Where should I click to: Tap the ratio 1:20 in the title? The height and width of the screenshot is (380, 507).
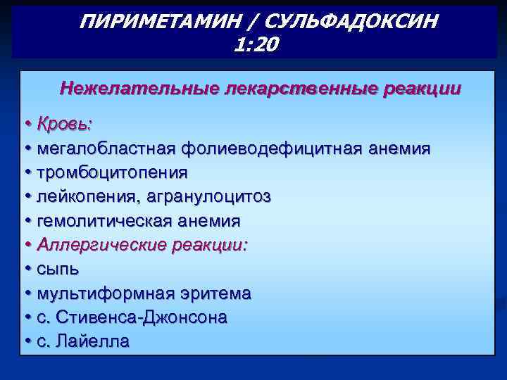click(254, 45)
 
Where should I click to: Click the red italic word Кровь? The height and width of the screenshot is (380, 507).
click(65, 124)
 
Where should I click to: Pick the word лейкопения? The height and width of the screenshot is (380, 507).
click(87, 196)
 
